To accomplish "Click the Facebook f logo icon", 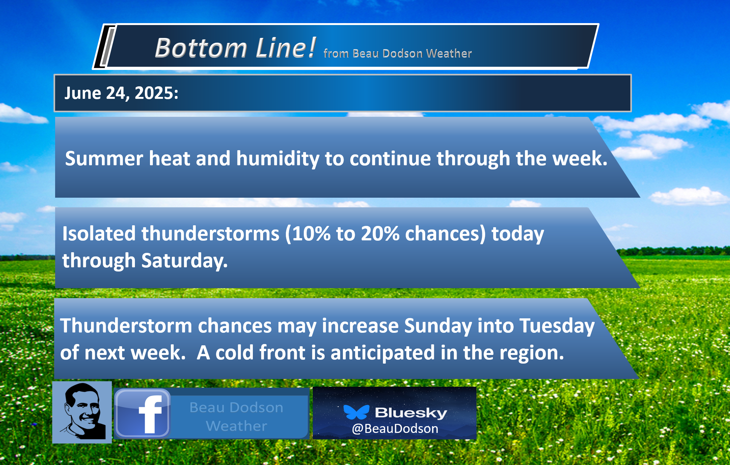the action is tap(142, 413).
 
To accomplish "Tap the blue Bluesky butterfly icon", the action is tap(356, 412).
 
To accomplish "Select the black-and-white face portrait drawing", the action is tap(82, 412).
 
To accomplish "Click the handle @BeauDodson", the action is tap(395, 429).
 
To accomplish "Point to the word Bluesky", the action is tap(411, 413).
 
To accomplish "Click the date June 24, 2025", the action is tap(121, 93).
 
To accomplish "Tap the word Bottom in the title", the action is tap(201, 48).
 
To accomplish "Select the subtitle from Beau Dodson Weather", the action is tap(397, 53).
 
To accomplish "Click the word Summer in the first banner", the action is tap(104, 159).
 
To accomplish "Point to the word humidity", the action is tap(278, 159).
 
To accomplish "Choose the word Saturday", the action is tap(184, 260).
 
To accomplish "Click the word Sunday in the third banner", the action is tap(438, 326).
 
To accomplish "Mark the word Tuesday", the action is tap(557, 326).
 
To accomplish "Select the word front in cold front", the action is tap(282, 353).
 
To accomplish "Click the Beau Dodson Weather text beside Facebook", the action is tap(236, 417).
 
